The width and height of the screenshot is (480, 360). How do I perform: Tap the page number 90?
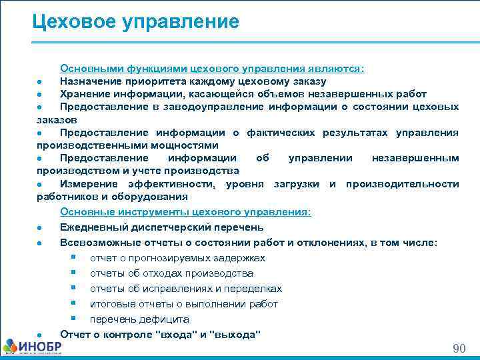(459, 349)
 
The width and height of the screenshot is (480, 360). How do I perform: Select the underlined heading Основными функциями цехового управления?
(212, 68)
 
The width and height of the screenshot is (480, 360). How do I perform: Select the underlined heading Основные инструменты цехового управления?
(185, 212)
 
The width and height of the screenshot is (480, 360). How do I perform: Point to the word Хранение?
(84, 94)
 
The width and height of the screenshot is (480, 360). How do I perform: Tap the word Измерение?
(87, 184)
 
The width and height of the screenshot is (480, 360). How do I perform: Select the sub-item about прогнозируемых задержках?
(177, 258)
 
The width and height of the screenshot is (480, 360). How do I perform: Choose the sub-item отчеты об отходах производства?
(171, 273)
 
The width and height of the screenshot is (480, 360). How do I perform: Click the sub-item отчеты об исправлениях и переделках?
(186, 289)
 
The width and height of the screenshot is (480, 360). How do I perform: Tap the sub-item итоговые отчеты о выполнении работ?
(184, 304)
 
